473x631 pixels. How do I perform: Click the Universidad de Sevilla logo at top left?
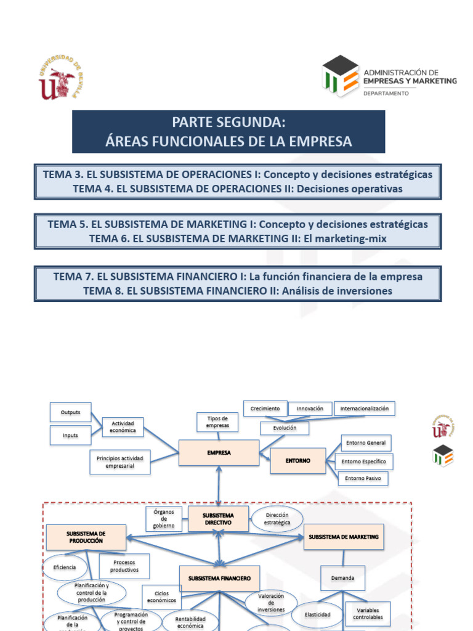[60, 78]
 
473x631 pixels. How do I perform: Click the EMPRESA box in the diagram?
[219, 453]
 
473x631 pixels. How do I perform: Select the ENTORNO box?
[298, 460]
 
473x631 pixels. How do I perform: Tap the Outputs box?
[70, 412]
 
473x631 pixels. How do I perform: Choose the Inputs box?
[70, 435]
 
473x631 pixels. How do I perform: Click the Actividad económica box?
[123, 426]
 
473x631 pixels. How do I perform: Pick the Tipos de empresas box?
[218, 422]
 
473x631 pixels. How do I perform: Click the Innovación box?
[310, 409]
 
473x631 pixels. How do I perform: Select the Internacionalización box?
[365, 409]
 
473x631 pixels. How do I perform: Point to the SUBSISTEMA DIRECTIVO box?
[219, 518]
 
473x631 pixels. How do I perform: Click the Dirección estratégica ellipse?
[277, 519]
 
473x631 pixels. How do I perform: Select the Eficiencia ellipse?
[65, 568]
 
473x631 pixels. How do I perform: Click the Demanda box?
[343, 578]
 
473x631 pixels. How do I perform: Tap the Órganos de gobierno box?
[164, 518]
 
